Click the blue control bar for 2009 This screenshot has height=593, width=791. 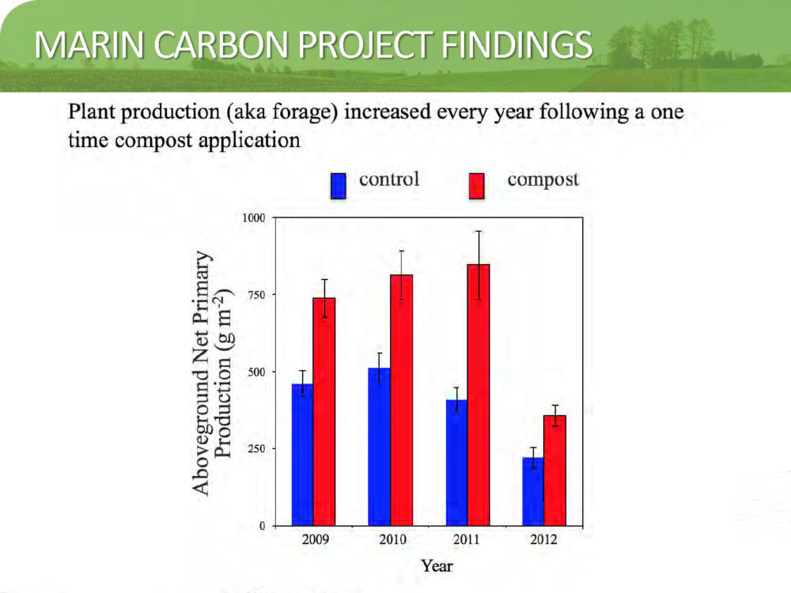point(303,455)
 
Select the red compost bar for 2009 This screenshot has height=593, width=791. point(324,412)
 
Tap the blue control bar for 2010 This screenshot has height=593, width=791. point(380,447)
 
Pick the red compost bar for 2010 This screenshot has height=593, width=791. point(402,400)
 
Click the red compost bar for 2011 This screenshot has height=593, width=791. point(479,395)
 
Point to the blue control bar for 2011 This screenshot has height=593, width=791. point(457,463)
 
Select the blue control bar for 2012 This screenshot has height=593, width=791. point(533,492)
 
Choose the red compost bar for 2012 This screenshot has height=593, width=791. point(555,471)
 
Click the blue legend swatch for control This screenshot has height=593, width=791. point(338,186)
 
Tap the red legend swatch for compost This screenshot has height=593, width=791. point(477,186)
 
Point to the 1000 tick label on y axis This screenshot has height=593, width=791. point(254,218)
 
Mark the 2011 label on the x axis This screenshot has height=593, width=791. point(467,539)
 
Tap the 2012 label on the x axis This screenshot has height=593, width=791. point(544,539)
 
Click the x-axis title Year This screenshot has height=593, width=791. point(437,566)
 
